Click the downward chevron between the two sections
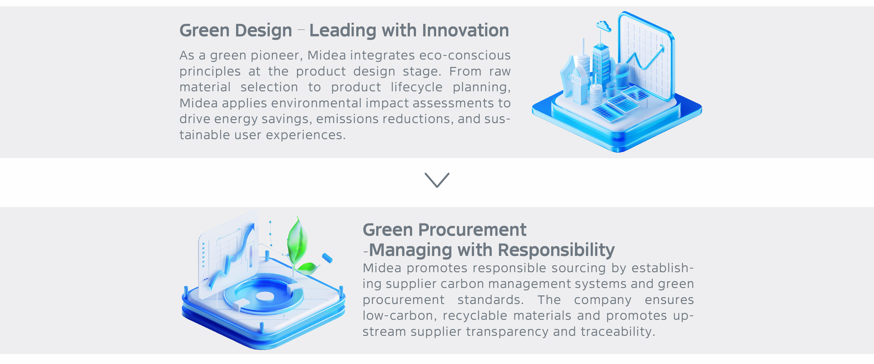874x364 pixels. [x=437, y=180]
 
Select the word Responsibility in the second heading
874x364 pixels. [x=556, y=251]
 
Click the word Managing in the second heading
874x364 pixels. [x=410, y=251]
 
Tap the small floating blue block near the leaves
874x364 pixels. [x=327, y=258]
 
